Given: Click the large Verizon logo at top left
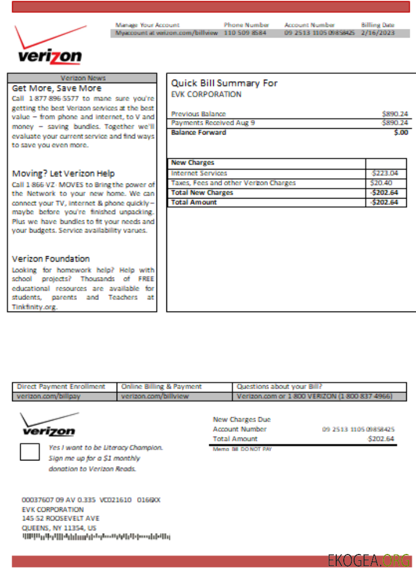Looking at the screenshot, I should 49,46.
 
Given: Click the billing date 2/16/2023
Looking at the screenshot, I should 377,33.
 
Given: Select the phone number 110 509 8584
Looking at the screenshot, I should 246,33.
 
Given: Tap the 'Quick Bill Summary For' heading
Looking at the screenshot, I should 224,83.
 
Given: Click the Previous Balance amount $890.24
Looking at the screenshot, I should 395,114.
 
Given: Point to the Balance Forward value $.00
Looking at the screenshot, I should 400,133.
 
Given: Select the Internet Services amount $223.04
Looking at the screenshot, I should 385,173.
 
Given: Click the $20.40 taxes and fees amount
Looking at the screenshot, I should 381,183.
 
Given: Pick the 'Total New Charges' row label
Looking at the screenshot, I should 202,193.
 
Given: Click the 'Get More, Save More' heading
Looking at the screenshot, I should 57,88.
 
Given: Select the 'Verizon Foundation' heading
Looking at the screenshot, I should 51,259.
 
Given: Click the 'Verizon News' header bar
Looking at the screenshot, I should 83,78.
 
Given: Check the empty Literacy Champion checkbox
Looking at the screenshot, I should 29,452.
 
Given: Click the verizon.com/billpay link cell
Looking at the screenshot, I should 42,396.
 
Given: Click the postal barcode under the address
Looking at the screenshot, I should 96,537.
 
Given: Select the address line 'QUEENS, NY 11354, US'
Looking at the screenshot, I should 59,527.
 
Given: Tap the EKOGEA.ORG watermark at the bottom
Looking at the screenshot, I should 369,561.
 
